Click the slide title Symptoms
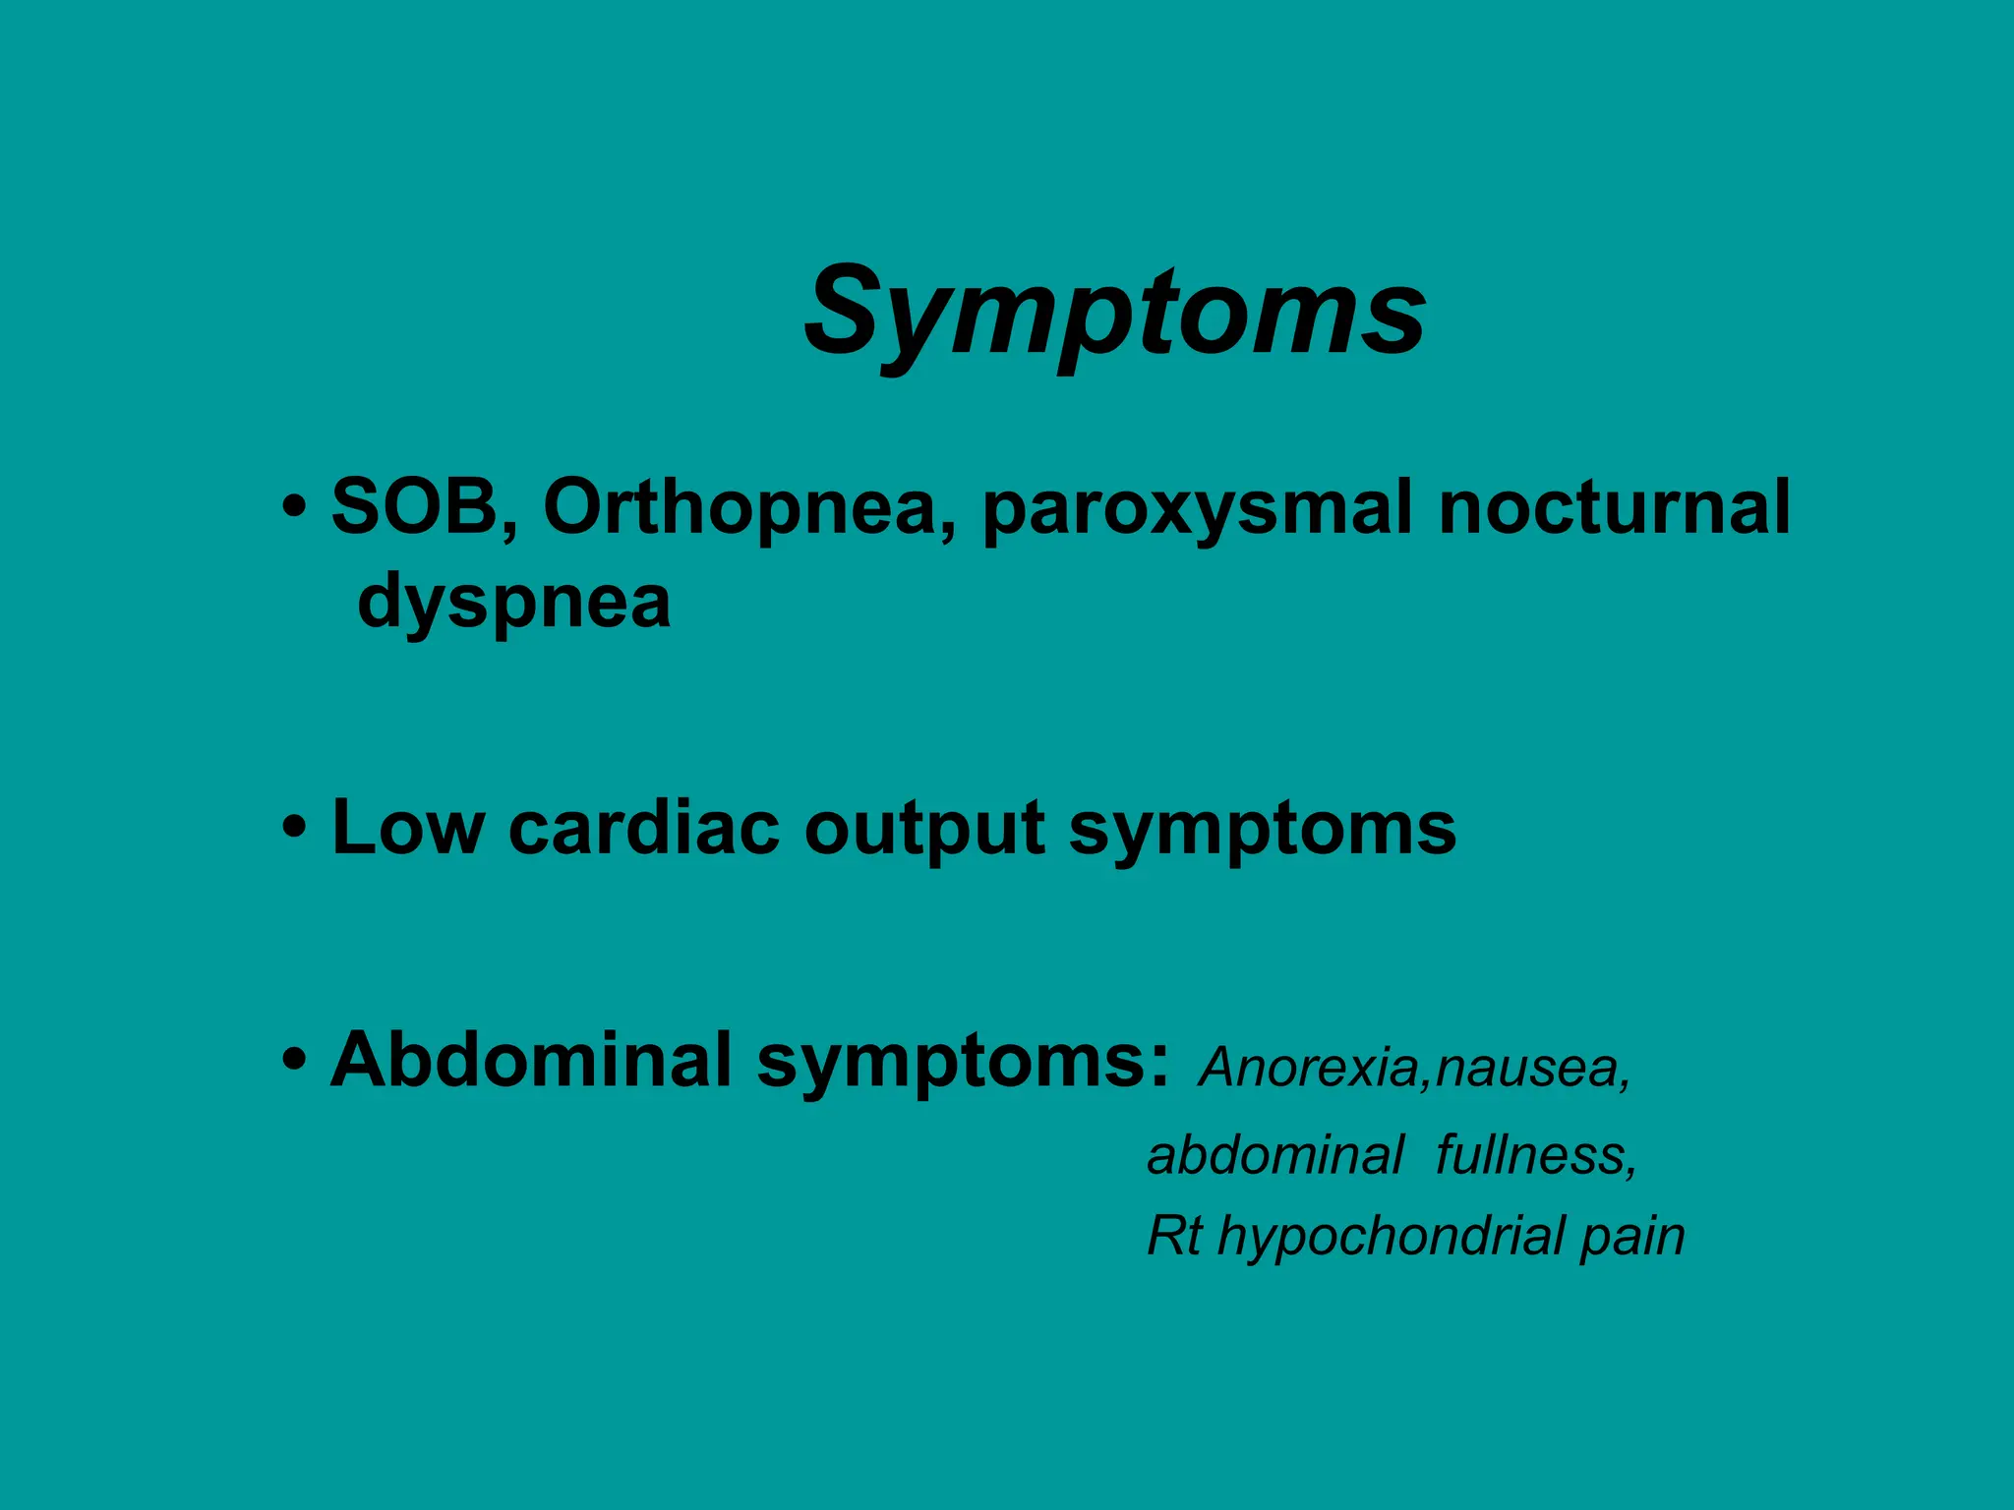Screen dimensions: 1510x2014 point(1115,313)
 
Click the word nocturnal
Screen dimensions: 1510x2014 point(1613,507)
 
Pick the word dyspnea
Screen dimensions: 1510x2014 point(513,602)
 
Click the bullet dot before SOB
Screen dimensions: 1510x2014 point(292,511)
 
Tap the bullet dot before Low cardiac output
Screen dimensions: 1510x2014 point(292,830)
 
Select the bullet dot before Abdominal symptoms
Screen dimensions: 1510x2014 point(292,1062)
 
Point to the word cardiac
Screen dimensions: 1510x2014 point(642,828)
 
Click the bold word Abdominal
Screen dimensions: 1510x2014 point(531,1060)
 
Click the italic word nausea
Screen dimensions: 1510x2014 point(1530,1068)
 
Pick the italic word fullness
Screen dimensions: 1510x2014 point(1535,1154)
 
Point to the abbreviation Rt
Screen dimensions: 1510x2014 point(1173,1236)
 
